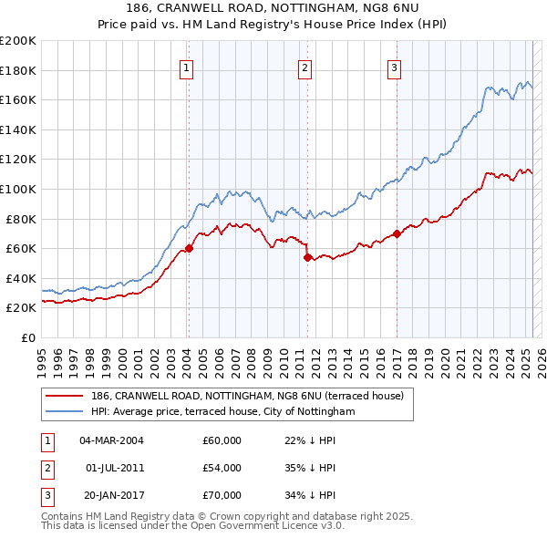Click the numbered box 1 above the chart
click(x=186, y=67)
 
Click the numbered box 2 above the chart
click(x=304, y=67)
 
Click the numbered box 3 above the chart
click(x=395, y=67)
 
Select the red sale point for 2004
click(x=189, y=248)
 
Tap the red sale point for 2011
click(x=307, y=257)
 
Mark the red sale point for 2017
click(x=397, y=233)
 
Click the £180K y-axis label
click(x=18, y=70)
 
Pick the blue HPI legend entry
click(x=222, y=411)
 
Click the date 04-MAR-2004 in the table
click(x=112, y=440)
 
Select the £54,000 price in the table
click(x=222, y=468)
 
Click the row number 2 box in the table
click(x=46, y=468)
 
